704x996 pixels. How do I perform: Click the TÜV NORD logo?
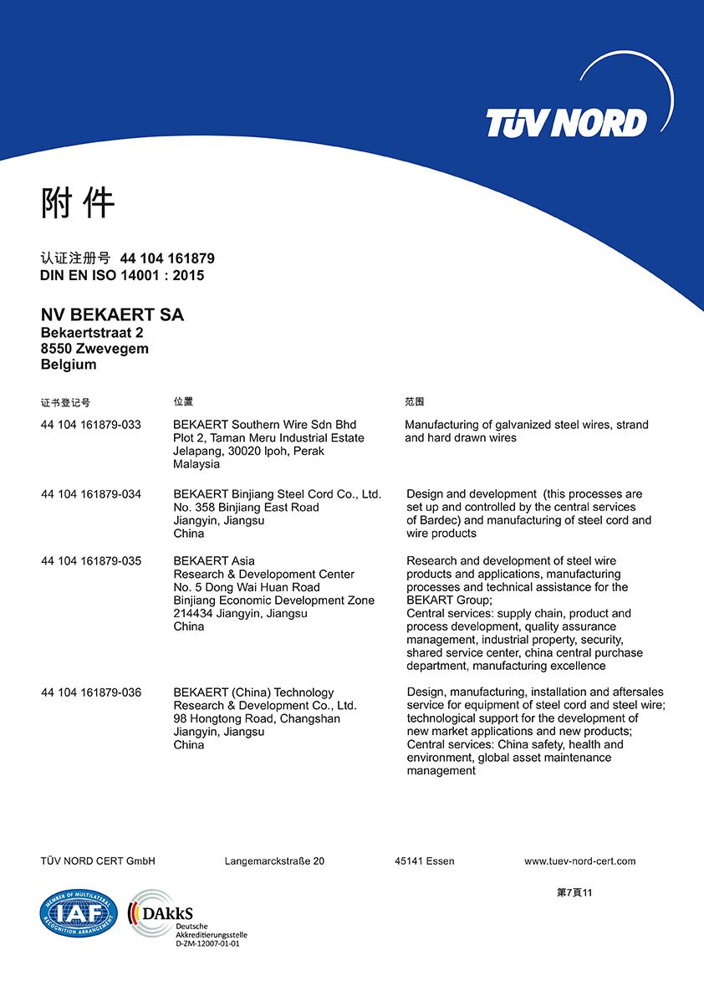pyautogui.click(x=567, y=123)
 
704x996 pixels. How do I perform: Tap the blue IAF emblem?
pyautogui.click(x=79, y=913)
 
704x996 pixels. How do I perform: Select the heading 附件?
pyautogui.click(x=78, y=203)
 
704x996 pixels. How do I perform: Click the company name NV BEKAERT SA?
pyautogui.click(x=112, y=315)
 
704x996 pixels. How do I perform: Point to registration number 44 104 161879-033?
pyautogui.click(x=91, y=425)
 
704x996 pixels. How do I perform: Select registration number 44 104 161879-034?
pyautogui.click(x=91, y=494)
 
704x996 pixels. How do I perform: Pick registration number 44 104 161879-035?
pyautogui.click(x=91, y=561)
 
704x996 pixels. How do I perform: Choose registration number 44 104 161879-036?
pyautogui.click(x=91, y=692)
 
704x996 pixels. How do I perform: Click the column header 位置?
pyautogui.click(x=183, y=402)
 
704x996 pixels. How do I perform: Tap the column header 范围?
pyautogui.click(x=414, y=402)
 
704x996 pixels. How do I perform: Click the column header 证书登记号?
pyautogui.click(x=65, y=403)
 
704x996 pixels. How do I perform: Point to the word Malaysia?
pyautogui.click(x=196, y=464)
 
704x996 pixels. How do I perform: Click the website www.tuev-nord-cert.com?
pyautogui.click(x=579, y=861)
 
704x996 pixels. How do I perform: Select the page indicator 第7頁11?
pyautogui.click(x=574, y=892)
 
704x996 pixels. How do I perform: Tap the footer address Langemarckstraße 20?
pyautogui.click(x=274, y=861)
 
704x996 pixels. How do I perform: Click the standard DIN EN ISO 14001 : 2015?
pyautogui.click(x=122, y=275)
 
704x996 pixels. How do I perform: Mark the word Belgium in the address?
pyautogui.click(x=69, y=365)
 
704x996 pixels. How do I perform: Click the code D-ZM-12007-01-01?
pyautogui.click(x=207, y=943)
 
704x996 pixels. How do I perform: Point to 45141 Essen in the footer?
pyautogui.click(x=425, y=861)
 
